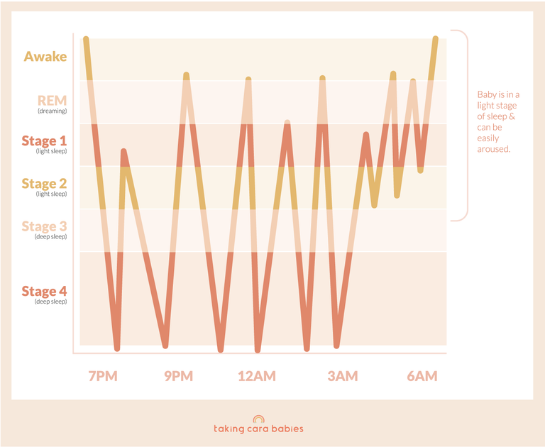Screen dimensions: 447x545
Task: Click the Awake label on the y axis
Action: [45, 56]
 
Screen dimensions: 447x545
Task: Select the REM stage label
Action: [52, 101]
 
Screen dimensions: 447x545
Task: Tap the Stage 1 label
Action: [44, 140]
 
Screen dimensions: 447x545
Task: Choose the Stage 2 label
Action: [44, 184]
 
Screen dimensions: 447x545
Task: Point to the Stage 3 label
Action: [44, 226]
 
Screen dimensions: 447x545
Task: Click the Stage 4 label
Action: [44, 291]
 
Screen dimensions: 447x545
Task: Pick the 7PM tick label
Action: [103, 376]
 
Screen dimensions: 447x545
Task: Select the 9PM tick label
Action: [178, 376]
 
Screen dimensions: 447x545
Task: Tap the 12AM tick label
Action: [256, 376]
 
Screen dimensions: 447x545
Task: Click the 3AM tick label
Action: [343, 376]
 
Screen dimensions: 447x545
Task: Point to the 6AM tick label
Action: [422, 376]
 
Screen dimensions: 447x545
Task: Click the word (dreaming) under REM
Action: [52, 111]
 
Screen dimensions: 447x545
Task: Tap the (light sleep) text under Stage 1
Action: [52, 151]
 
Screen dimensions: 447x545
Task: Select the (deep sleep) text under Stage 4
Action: [52, 302]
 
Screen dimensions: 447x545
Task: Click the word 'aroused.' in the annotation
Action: [494, 150]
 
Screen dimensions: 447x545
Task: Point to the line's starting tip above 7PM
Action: [86, 39]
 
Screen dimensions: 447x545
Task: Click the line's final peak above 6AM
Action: [436, 39]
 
